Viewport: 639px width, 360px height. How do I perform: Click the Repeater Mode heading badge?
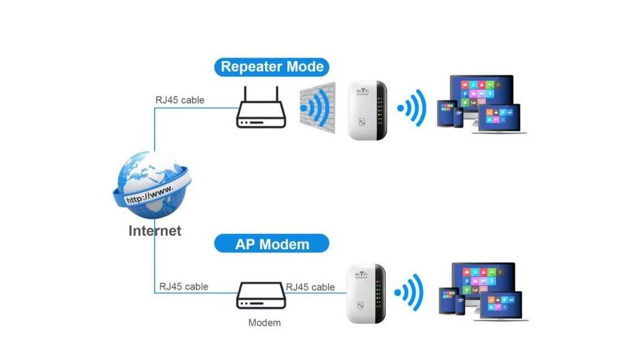coord(272,67)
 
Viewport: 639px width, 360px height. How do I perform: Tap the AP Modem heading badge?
coord(272,244)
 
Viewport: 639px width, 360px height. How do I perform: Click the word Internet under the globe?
coord(155,231)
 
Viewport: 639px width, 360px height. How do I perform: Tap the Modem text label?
coord(264,322)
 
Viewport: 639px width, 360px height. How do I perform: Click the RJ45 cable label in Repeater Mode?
coord(180,100)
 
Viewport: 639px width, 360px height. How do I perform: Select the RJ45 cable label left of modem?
coord(183,286)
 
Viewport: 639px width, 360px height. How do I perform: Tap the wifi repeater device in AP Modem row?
coord(366,295)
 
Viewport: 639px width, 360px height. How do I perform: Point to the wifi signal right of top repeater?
coord(412,108)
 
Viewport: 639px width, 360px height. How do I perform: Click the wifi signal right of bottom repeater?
coord(409,293)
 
